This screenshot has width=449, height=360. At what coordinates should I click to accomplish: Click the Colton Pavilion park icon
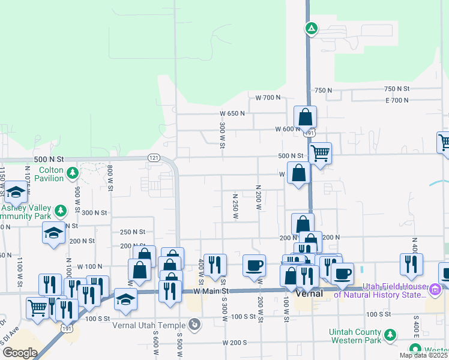point(73,173)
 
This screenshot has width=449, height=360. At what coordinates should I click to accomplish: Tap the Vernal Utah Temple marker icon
point(194,325)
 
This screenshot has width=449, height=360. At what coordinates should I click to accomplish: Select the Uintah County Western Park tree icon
point(390,334)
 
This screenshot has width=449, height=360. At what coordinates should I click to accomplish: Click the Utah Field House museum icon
point(435,291)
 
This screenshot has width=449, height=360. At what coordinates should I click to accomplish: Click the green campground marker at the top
point(311,28)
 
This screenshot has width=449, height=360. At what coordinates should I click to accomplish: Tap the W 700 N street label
point(268,97)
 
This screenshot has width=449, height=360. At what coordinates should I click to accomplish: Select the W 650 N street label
point(232,113)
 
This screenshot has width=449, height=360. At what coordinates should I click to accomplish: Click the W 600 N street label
point(288,129)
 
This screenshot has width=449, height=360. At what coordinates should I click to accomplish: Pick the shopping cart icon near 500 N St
point(320,153)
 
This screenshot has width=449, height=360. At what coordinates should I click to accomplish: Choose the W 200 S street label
point(235,343)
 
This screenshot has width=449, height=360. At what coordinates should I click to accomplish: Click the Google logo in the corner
point(20,352)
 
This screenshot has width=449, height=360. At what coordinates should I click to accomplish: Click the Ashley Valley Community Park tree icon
point(60,211)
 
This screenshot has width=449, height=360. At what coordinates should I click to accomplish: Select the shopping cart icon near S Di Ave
point(38,307)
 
